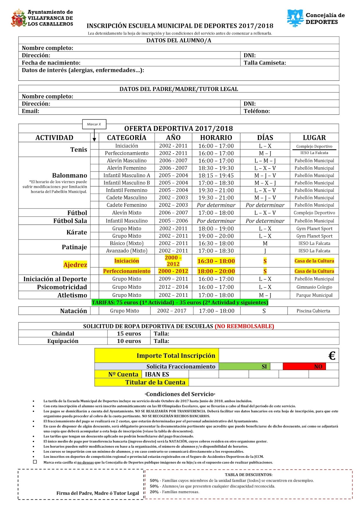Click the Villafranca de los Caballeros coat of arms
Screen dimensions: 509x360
[18, 18]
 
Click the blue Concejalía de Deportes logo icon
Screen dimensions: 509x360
[295, 18]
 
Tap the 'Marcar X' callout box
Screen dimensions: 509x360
[94, 124]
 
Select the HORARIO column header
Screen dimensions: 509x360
[216, 138]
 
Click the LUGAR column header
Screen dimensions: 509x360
[314, 138]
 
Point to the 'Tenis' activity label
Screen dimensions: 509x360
[79, 150]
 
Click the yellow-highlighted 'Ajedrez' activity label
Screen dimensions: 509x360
[75, 265]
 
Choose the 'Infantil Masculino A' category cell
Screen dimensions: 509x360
[127, 175]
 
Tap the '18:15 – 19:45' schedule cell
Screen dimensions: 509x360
[216, 175]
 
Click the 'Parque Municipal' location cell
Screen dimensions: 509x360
[314, 295]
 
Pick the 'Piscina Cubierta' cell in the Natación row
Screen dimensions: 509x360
[313, 311]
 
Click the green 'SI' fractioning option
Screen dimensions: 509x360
[264, 366]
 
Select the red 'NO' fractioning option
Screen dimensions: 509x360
[318, 366]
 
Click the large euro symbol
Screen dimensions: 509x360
[332, 356]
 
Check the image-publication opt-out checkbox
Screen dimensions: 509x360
[35, 462]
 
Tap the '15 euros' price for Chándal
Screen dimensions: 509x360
[129, 333]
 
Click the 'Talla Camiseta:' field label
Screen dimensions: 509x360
[265, 63]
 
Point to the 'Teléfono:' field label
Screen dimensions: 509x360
[257, 111]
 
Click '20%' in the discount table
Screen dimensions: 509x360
[154, 492]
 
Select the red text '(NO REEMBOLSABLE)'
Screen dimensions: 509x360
[244, 326]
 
